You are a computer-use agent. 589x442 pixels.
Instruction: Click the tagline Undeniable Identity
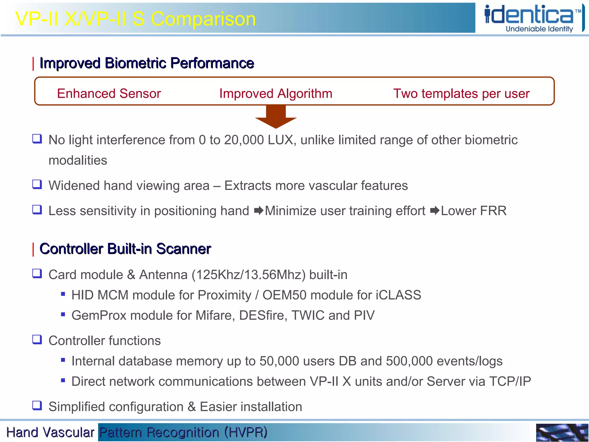539,29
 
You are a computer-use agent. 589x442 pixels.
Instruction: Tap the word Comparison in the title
203,19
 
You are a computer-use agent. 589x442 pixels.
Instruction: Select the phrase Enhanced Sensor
109,94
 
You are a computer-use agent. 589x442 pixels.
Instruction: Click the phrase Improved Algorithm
276,94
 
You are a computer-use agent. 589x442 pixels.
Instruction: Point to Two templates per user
461,94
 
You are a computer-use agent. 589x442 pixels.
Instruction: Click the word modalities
78,160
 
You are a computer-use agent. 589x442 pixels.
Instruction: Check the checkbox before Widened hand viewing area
37,184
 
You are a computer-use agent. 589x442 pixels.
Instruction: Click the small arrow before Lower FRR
435,211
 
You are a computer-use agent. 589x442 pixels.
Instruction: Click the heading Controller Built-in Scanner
125,249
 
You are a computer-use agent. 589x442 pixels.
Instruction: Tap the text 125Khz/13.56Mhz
249,275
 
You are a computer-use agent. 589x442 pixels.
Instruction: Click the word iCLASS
398,295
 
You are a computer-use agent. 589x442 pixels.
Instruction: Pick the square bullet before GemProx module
63,315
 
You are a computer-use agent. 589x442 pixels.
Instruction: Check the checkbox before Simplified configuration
37,405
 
